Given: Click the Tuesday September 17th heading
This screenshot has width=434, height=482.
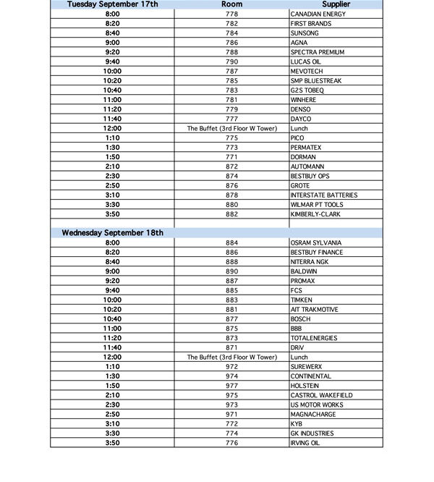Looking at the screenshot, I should [112, 4].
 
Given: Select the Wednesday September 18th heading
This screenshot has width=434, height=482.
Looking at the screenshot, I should [112, 233].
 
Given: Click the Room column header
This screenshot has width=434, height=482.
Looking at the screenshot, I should [231, 4].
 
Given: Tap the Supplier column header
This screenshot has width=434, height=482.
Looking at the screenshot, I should [336, 4].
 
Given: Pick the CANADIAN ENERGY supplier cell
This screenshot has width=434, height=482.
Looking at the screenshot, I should [318, 14].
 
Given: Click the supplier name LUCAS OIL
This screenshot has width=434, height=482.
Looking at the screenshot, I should [307, 62].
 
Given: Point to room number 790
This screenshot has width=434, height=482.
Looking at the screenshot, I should [231, 62].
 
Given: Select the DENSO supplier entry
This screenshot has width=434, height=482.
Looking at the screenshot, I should [300, 109].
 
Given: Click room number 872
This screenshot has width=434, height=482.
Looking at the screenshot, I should [231, 166].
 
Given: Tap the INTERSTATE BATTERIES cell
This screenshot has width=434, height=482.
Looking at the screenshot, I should [323, 195].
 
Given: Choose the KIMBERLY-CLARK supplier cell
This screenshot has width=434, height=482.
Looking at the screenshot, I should [315, 214].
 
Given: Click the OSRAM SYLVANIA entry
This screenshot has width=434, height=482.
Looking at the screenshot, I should [316, 242].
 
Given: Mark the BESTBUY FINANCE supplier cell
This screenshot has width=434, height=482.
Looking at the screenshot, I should [317, 252].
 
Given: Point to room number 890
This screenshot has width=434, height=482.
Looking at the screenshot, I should [231, 271].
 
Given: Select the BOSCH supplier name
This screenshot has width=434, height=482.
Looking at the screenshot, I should [300, 319].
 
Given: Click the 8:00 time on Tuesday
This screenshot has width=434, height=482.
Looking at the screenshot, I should [112, 14].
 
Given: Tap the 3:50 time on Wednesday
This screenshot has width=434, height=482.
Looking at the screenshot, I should [112, 443].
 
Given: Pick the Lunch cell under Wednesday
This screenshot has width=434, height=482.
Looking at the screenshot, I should [299, 357].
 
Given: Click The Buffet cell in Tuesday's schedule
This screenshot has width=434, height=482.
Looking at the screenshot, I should [231, 128].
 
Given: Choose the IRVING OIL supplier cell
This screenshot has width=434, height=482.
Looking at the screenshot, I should [305, 443].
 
